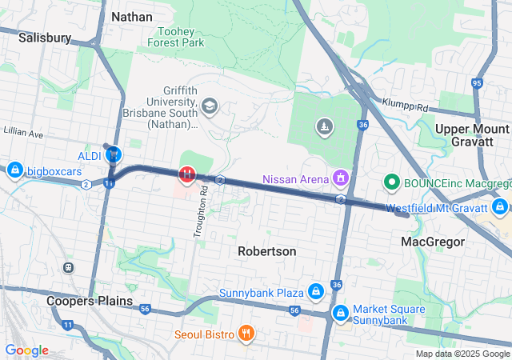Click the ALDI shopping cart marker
click(x=115, y=154)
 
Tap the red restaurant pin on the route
click(x=186, y=173)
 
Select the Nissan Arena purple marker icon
click(x=341, y=178)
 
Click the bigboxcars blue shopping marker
click(x=14, y=170)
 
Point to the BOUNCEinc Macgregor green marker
click(x=392, y=182)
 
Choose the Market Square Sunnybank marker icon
click(x=340, y=310)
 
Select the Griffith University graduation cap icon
click(x=210, y=106)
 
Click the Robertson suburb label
click(x=267, y=251)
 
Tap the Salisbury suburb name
click(x=45, y=37)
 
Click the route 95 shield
click(x=478, y=82)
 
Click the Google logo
click(x=26, y=350)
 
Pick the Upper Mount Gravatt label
click(x=472, y=135)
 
